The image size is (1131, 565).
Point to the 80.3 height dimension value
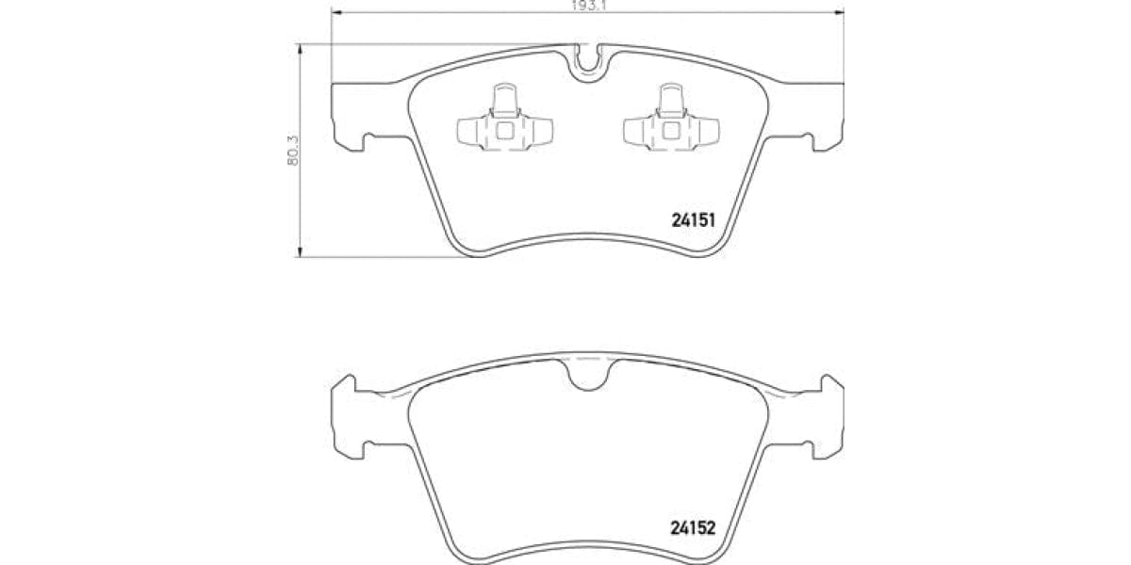click(x=292, y=150)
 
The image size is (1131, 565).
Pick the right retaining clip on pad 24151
click(x=671, y=122)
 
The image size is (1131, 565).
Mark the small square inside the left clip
click(x=504, y=131)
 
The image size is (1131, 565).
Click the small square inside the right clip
click(x=671, y=131)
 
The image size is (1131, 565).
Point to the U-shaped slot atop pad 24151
click(x=588, y=59)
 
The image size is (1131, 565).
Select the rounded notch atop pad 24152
click(x=588, y=374)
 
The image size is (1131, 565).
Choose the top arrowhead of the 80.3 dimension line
click(x=300, y=48)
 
